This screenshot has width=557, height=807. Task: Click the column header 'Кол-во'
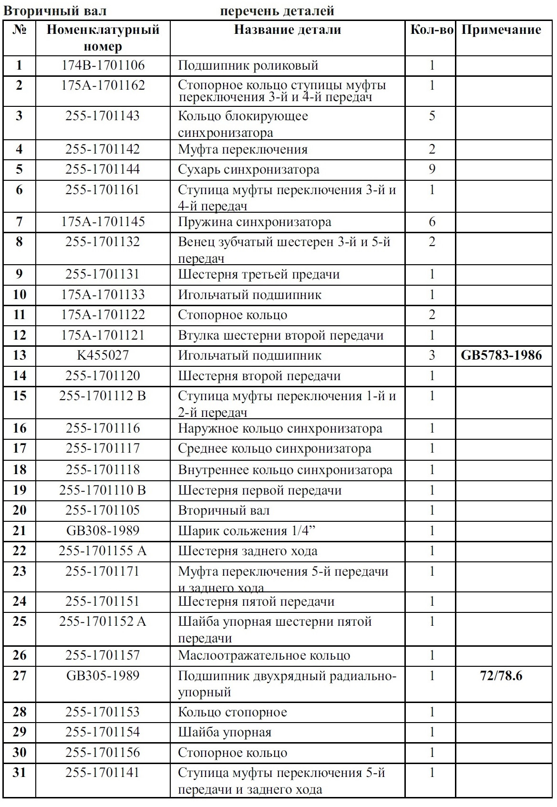[432, 30]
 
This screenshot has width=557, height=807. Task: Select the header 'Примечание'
[501, 30]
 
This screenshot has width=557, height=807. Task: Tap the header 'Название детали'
[288, 30]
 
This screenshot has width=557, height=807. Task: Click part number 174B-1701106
[103, 65]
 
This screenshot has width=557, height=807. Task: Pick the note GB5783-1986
[501, 355]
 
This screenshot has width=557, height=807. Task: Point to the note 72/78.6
[501, 676]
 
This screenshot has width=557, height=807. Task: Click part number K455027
[103, 355]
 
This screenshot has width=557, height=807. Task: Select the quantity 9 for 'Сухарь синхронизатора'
[432, 169]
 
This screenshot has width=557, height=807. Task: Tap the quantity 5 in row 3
[432, 116]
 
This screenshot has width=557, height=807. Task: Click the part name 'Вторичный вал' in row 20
[224, 511]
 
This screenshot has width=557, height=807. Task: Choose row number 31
[20, 773]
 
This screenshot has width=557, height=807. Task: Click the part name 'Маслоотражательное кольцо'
[264, 656]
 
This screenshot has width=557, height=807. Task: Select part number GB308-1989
[103, 531]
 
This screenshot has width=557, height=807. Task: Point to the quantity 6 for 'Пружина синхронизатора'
[432, 222]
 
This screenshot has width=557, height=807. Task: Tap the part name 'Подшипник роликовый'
[248, 65]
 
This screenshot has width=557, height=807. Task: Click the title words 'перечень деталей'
[277, 10]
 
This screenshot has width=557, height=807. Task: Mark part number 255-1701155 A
[103, 551]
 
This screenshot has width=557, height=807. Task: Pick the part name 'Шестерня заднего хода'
[248, 551]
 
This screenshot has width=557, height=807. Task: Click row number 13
[20, 355]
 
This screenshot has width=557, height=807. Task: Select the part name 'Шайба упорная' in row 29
[225, 733]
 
